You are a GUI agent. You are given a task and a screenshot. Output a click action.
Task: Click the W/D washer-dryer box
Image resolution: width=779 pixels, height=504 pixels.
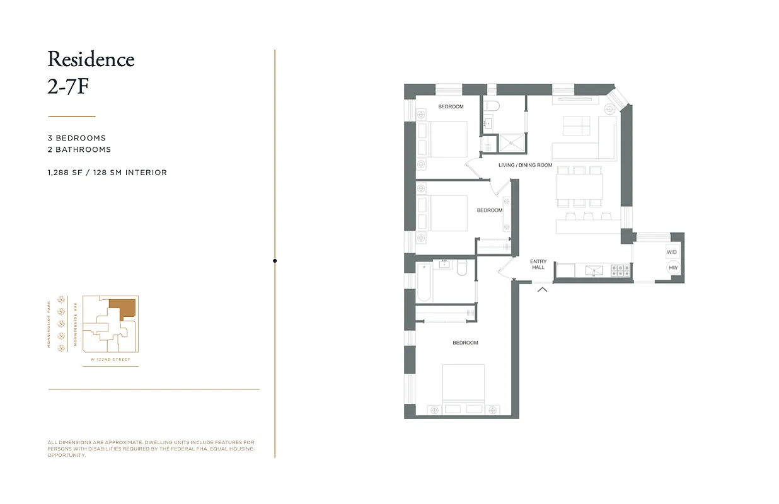point(672,252)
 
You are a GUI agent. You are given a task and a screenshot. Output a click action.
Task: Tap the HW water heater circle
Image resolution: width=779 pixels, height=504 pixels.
point(673,268)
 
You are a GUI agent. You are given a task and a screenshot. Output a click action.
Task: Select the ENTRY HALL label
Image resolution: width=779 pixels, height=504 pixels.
point(538,264)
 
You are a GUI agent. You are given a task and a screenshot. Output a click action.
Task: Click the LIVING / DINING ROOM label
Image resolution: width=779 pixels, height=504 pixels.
point(525,165)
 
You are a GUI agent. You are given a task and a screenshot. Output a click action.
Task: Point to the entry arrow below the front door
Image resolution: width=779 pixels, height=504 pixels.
point(542,289)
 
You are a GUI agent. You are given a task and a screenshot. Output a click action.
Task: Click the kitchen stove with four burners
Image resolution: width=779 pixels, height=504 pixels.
point(620,270)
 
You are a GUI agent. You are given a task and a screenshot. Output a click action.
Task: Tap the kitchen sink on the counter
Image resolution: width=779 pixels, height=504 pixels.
point(593,270)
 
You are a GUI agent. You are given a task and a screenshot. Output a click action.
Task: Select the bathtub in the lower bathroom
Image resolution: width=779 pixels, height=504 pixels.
point(424,282)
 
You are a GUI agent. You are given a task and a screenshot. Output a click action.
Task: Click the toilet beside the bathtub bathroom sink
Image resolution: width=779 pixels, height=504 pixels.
point(461,270)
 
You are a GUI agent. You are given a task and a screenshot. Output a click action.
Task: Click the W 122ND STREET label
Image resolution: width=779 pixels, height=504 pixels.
point(110,360)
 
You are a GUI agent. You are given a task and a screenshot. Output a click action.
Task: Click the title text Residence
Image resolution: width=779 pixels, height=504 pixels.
point(91,59)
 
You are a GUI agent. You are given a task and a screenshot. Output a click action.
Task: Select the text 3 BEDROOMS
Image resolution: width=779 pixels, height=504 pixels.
point(76,138)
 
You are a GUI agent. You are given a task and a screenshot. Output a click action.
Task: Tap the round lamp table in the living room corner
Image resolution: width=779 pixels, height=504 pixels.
point(609,109)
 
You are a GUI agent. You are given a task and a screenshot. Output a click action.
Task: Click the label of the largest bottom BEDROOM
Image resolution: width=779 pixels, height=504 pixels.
point(465,343)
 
